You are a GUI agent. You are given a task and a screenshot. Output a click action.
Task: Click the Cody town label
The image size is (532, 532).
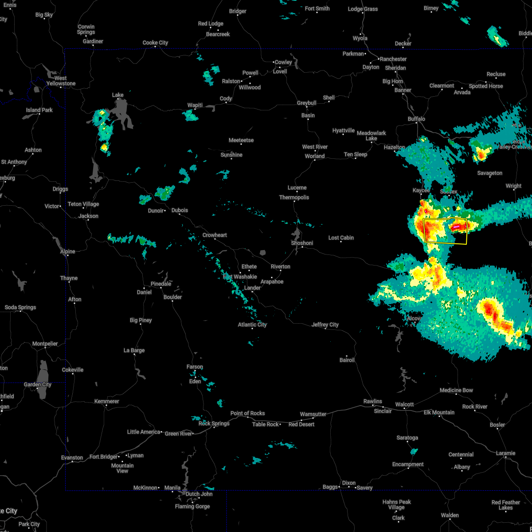click(226, 98)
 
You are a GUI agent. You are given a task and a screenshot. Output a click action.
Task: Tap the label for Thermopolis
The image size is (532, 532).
click(294, 197)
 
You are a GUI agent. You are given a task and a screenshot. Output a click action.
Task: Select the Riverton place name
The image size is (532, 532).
click(280, 266)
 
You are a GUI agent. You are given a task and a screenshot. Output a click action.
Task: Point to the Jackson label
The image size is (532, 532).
click(88, 216)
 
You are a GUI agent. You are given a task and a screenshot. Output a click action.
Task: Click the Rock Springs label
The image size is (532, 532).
click(214, 423)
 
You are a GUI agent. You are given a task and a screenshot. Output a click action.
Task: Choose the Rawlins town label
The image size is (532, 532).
click(372, 401)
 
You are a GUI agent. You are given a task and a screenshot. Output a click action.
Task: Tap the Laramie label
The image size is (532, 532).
click(505, 453)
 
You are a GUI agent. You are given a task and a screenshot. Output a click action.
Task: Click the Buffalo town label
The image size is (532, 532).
click(416, 119)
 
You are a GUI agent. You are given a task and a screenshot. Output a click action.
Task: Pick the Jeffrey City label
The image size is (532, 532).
click(325, 325)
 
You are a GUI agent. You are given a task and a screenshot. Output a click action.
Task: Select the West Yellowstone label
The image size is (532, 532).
click(61, 81)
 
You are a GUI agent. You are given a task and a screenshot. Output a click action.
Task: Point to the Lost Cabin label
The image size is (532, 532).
click(341, 238)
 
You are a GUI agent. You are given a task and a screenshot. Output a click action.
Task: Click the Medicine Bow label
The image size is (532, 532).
click(456, 390)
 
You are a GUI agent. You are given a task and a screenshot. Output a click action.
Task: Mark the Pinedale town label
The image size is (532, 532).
click(160, 284)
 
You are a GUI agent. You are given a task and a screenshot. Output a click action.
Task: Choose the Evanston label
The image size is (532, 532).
click(72, 458)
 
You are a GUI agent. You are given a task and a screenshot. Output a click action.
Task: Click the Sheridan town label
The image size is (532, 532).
click(395, 68)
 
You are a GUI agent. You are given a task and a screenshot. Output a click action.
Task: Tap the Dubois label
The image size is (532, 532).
click(180, 210)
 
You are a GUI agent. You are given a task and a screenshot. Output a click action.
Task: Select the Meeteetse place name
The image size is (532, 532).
click(241, 140)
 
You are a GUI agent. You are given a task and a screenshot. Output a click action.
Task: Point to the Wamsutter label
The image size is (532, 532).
click(313, 414)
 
